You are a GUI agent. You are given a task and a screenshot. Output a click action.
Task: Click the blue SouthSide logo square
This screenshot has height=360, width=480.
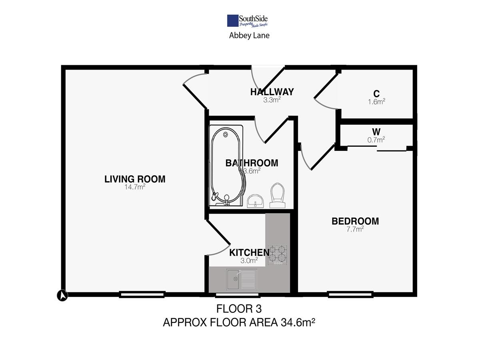(x=233, y=21)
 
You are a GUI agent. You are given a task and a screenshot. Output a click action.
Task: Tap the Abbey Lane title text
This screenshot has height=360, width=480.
(x=249, y=36)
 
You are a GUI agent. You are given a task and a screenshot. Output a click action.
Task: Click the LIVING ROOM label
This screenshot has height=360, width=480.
(x=135, y=179)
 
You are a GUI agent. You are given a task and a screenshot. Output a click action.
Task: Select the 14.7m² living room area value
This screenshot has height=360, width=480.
(x=135, y=187)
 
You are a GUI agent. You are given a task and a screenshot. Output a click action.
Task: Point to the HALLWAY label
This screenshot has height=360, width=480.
(x=272, y=92)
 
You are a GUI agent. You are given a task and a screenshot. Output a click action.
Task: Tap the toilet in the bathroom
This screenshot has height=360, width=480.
(x=278, y=195)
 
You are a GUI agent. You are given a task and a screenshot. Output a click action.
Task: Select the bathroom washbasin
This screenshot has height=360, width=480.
(x=255, y=201)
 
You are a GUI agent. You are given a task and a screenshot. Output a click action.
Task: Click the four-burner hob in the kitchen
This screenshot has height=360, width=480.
(x=278, y=255)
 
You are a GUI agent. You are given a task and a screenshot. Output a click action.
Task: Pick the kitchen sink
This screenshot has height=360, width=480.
(x=242, y=280)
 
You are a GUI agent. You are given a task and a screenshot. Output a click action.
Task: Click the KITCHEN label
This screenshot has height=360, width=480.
(x=249, y=253)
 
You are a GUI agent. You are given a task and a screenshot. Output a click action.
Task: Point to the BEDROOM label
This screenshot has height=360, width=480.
(x=355, y=221)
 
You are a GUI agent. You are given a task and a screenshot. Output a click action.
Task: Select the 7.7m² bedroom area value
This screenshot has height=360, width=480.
(x=355, y=229)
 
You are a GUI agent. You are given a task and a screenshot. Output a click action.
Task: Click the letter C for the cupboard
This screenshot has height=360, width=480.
(x=376, y=94)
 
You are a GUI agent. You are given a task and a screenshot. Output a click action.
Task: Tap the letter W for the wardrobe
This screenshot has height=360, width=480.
(x=376, y=132)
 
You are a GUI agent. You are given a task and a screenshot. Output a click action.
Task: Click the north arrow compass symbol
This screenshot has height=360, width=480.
(x=62, y=296)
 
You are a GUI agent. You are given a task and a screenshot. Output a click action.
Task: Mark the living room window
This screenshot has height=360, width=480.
(x=142, y=295)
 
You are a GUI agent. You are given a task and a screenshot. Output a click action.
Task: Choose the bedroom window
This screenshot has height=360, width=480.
(x=350, y=295)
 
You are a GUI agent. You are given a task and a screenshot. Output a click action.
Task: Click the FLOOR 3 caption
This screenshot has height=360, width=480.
(x=239, y=309)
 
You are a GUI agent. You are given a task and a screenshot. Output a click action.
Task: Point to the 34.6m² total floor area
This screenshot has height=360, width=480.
(x=298, y=322)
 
